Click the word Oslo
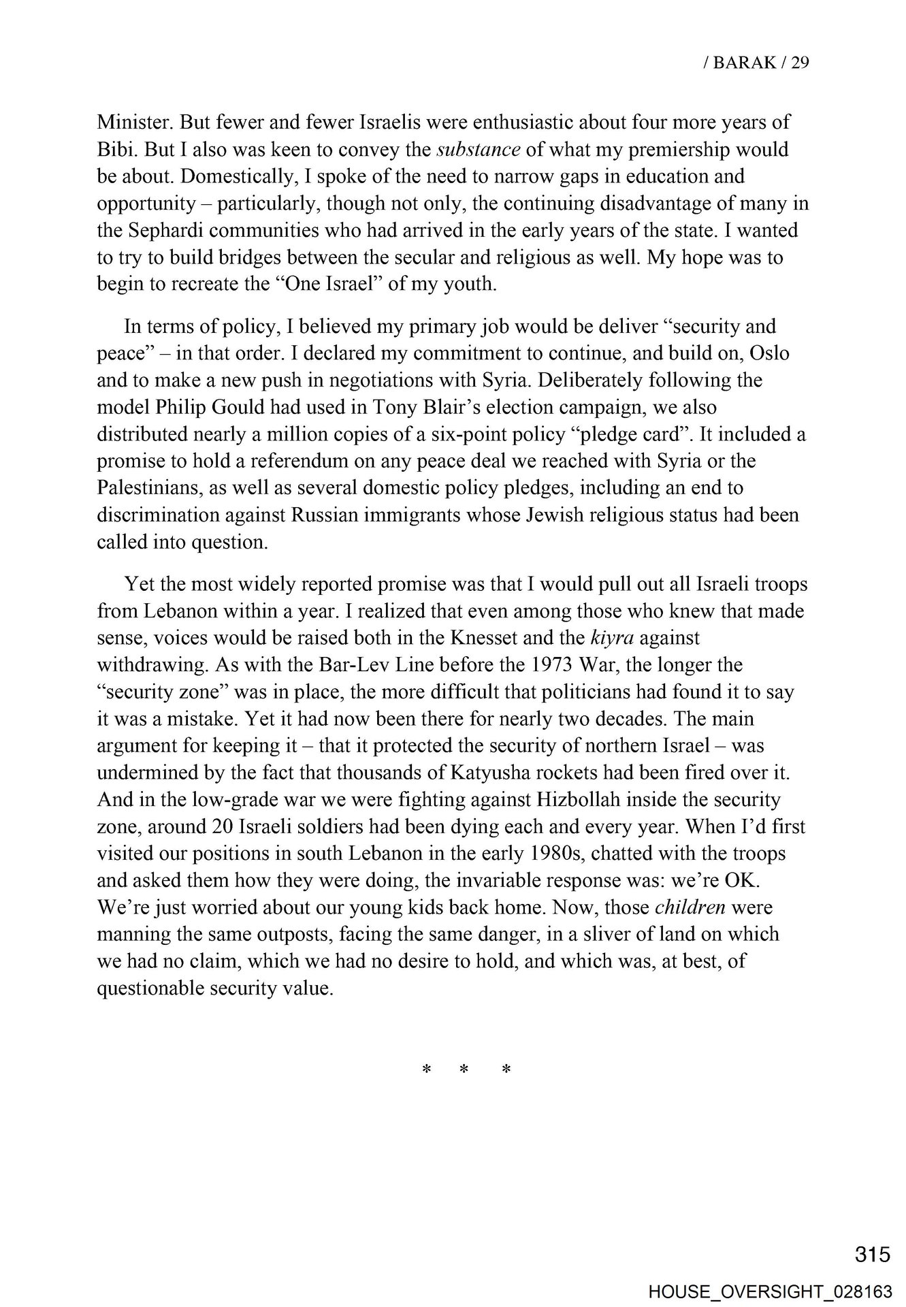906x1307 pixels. click(771, 354)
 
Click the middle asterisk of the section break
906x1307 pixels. click(466, 1070)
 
